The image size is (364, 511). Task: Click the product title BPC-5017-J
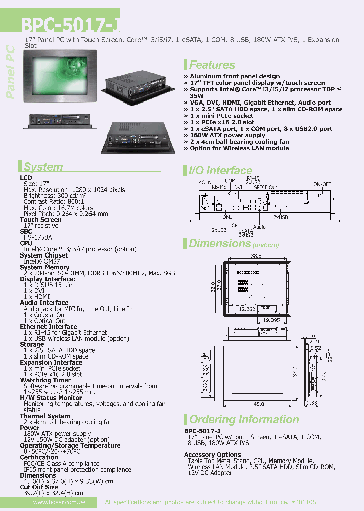(x=70, y=25)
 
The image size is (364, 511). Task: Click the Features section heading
(x=212, y=65)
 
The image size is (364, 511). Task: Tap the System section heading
(x=43, y=167)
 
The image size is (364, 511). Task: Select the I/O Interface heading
(x=220, y=171)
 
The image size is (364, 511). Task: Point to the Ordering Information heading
(x=244, y=419)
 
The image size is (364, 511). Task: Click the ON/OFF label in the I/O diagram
(x=322, y=184)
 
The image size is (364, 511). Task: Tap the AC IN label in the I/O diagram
(x=205, y=182)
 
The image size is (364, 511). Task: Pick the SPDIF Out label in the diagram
(x=265, y=187)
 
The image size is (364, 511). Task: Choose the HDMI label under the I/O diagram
(x=225, y=217)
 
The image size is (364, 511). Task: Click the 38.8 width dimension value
(x=257, y=256)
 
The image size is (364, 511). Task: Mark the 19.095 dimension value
(x=271, y=320)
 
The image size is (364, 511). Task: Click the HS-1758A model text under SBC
(x=38, y=237)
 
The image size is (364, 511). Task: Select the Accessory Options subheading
(x=212, y=455)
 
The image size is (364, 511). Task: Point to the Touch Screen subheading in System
(x=40, y=220)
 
